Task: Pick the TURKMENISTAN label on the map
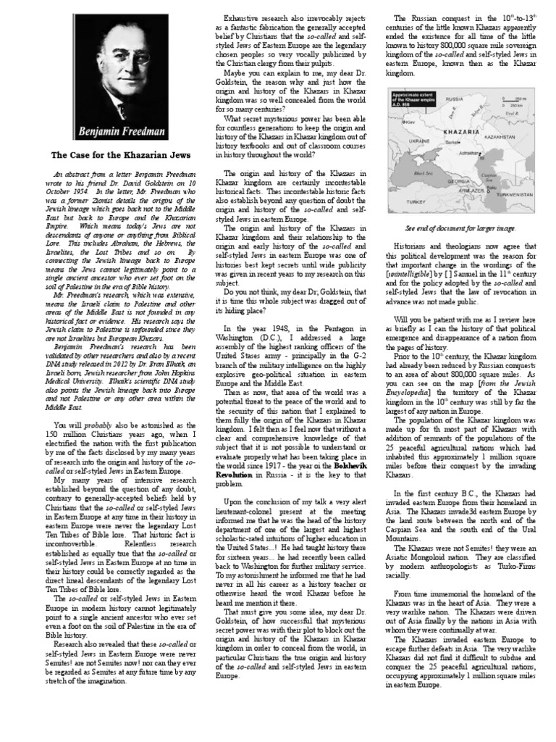pyautogui.click(x=512, y=196)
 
